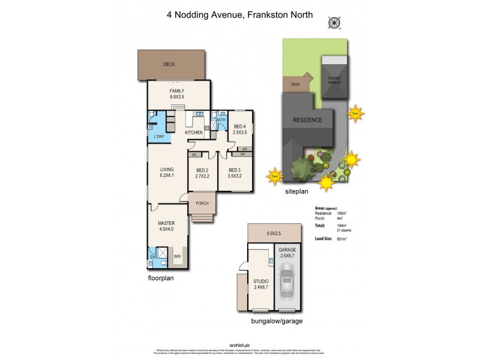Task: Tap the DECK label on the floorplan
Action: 170,65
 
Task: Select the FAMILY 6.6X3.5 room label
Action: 176,94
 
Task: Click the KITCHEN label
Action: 193,132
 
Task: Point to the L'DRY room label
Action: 159,136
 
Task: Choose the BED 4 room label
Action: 240,129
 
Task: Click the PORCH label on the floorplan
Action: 202,203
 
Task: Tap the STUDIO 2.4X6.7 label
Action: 260,284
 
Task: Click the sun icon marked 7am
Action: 275,176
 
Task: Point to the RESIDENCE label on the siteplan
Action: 307,119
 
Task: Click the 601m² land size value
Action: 341,239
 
